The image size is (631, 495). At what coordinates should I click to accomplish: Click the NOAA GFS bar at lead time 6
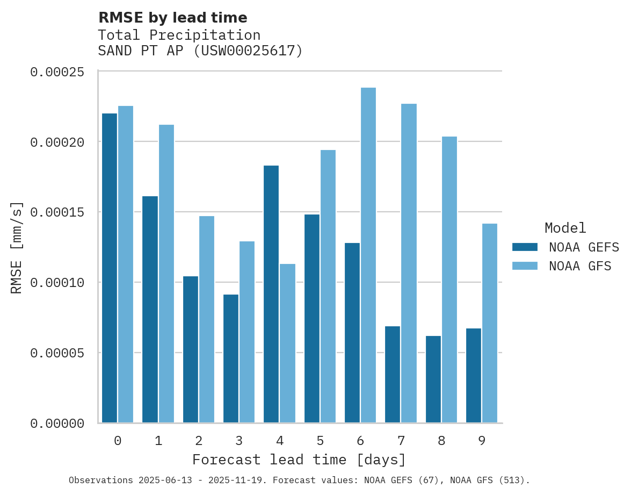tap(368, 255)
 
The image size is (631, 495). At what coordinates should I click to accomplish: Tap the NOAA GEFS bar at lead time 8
tap(433, 379)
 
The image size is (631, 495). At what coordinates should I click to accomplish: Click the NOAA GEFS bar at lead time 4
tap(271, 294)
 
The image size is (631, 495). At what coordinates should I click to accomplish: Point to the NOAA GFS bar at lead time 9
tap(490, 323)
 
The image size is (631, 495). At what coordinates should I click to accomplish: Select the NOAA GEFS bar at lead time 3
tap(231, 358)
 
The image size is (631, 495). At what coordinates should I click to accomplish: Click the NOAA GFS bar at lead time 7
tap(409, 263)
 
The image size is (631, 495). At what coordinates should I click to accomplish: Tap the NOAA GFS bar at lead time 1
tap(166, 274)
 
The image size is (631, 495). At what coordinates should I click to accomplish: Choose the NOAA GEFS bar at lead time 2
tap(191, 349)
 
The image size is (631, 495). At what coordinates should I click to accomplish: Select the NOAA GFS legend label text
tap(580, 266)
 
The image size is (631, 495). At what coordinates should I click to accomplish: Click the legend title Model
tap(565, 228)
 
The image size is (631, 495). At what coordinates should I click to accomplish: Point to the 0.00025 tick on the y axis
tap(57, 72)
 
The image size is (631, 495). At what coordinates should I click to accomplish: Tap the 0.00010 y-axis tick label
tap(57, 283)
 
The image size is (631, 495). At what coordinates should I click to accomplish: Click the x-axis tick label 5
tap(320, 441)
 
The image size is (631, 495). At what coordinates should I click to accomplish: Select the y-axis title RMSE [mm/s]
tap(17, 247)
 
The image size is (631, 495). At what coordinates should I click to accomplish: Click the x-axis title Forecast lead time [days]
tap(299, 460)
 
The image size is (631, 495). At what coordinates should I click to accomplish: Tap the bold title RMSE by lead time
tap(173, 18)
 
